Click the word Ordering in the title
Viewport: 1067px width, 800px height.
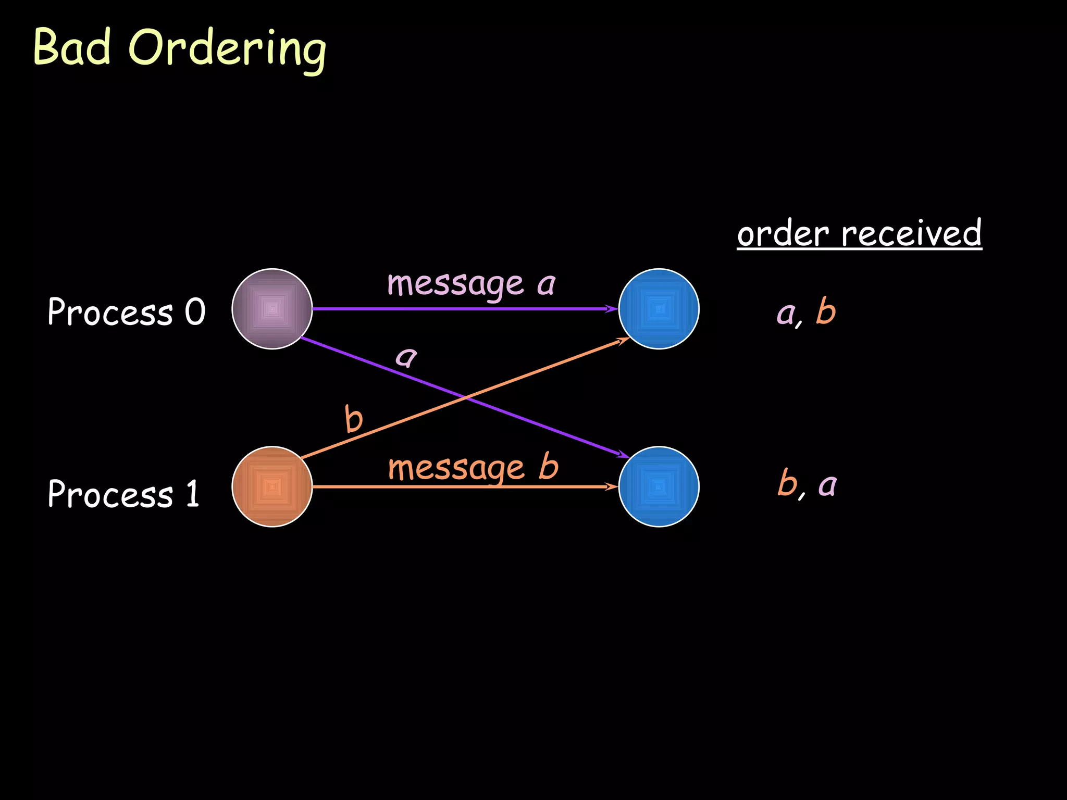[227, 49]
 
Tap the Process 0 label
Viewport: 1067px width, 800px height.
[126, 312]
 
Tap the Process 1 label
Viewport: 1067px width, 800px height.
[123, 494]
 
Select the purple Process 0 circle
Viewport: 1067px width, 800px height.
[272, 309]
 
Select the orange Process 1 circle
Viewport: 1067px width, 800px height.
[272, 486]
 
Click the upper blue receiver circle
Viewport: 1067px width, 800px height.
[659, 309]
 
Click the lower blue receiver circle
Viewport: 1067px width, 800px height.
[659, 486]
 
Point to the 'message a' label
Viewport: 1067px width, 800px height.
[471, 284]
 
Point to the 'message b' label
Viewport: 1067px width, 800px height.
[473, 468]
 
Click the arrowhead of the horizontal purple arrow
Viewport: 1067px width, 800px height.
[612, 309]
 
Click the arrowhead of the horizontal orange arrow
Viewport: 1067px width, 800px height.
[612, 487]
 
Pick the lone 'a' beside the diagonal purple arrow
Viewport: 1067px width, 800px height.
[406, 357]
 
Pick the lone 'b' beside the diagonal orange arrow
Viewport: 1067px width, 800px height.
[354, 419]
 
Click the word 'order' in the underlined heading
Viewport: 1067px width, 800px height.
[783, 234]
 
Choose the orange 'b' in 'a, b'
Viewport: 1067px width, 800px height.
[826, 311]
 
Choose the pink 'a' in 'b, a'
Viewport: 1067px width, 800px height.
[827, 485]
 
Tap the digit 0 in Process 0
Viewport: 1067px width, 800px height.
[195, 312]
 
